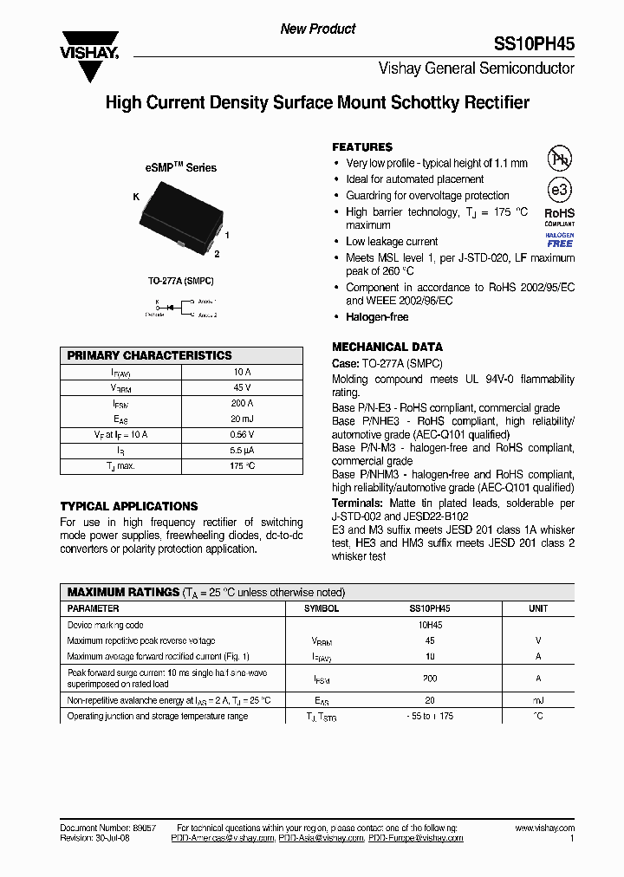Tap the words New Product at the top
tap(318, 29)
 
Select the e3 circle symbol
tap(559, 191)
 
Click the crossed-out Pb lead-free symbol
tap(559, 159)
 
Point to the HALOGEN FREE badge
tap(559, 240)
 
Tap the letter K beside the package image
tap(136, 198)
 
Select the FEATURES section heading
tap(362, 147)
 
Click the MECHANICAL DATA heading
tap(387, 347)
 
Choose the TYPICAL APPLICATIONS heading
tap(129, 506)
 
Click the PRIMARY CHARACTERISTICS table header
tap(150, 355)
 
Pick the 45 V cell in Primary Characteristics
tap(242, 387)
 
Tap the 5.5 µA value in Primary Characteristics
tap(242, 451)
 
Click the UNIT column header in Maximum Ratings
tap(538, 609)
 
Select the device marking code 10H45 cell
tap(431, 625)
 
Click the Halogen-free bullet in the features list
tap(377, 317)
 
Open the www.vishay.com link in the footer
tap(544, 828)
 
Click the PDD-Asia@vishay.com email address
tap(322, 838)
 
